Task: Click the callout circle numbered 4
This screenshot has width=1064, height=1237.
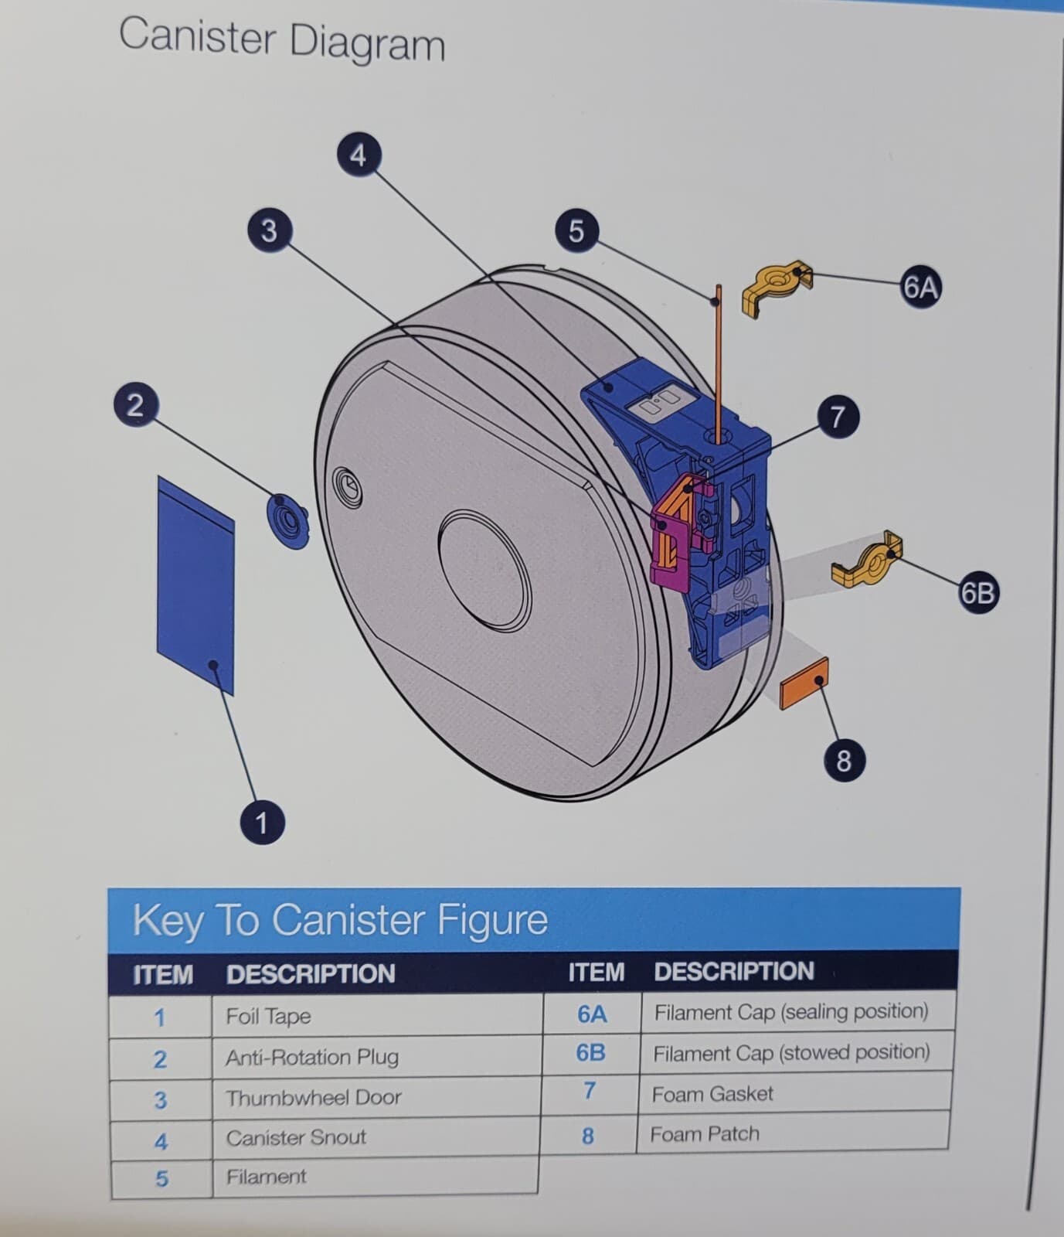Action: point(357,155)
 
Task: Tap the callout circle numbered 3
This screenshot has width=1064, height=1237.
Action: point(268,230)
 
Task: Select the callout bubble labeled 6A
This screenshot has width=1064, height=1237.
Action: point(920,288)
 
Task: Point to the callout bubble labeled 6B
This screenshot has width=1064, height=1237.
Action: point(977,593)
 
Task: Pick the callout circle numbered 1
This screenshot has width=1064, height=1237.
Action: point(261,822)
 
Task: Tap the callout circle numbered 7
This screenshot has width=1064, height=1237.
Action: point(837,417)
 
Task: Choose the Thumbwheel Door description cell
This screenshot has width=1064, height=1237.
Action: point(376,1097)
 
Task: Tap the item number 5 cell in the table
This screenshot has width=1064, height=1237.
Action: point(161,1178)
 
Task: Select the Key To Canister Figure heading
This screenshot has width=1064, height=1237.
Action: point(340,920)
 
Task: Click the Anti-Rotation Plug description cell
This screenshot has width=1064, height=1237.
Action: point(376,1057)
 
